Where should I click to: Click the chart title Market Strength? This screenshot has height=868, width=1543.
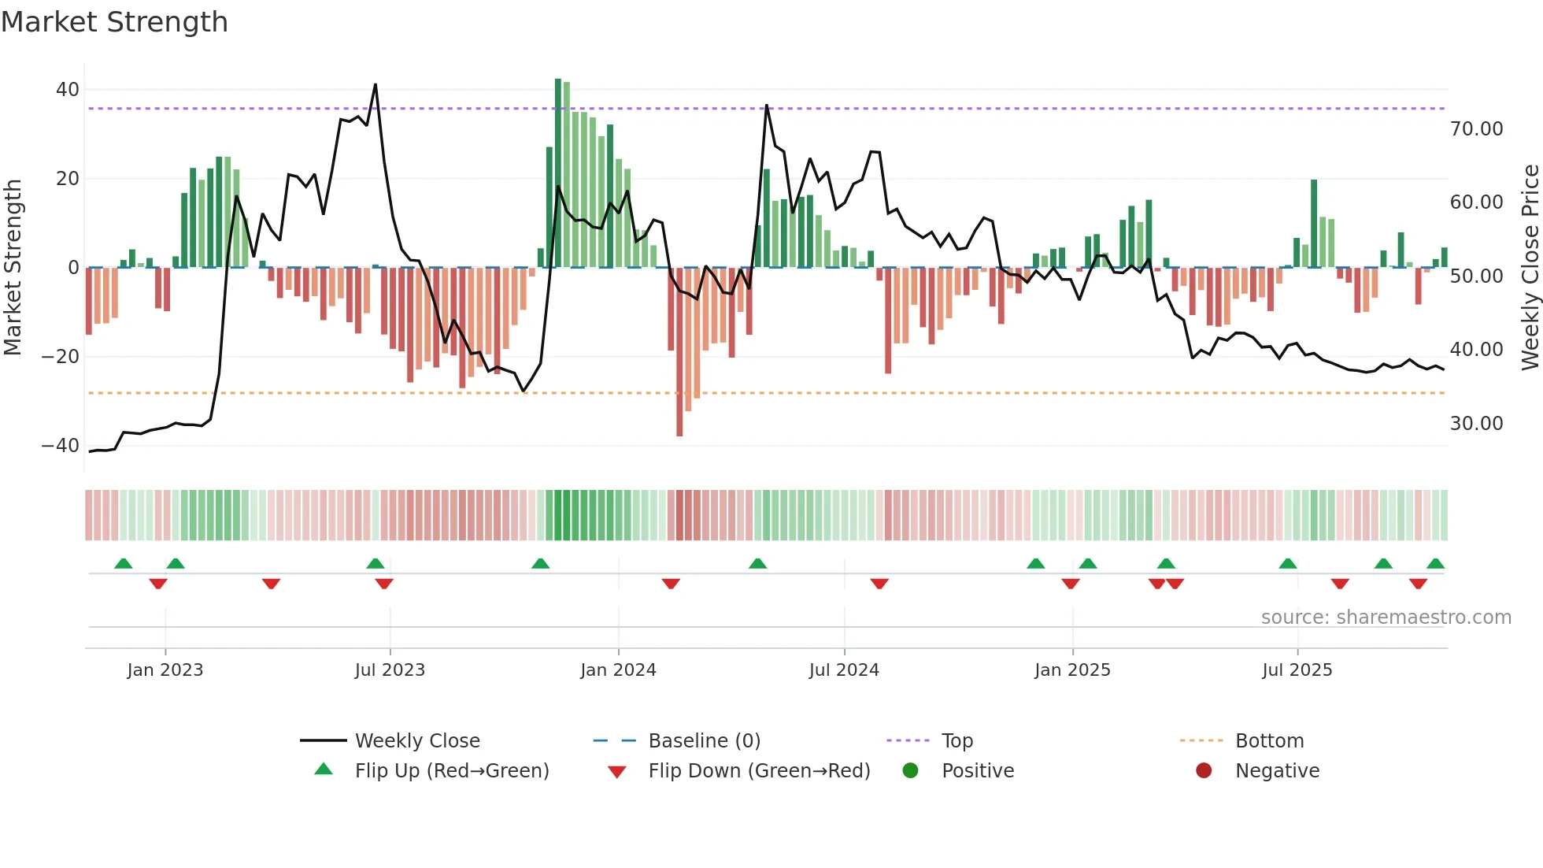point(114,22)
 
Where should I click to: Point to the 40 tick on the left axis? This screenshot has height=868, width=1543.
point(67,90)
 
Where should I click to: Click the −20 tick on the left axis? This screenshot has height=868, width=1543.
point(61,357)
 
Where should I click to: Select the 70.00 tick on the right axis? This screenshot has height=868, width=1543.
point(1476,129)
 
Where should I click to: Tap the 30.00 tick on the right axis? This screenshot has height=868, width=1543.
point(1476,424)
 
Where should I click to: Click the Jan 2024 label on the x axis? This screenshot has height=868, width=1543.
point(618,670)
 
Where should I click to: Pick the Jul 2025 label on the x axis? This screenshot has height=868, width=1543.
point(1297,670)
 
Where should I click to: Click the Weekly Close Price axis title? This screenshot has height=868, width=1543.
point(1530,268)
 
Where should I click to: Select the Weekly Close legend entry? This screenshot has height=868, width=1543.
point(416,741)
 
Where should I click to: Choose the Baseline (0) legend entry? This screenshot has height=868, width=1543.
point(704,741)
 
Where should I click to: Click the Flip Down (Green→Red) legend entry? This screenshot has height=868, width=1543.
point(759,771)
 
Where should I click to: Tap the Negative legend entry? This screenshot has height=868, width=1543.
point(1277,771)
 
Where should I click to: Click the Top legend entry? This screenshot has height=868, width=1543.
point(957,741)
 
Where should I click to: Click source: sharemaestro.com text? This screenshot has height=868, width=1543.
point(1386,618)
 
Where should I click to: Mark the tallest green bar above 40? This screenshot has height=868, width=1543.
point(558,173)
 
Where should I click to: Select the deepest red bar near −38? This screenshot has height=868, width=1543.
point(679,351)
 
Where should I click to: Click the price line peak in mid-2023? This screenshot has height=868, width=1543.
point(376,85)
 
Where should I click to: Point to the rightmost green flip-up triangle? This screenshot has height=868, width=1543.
point(1435,564)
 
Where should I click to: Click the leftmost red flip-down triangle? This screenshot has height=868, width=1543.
point(158,584)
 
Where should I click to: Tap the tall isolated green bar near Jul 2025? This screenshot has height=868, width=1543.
point(1314,224)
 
